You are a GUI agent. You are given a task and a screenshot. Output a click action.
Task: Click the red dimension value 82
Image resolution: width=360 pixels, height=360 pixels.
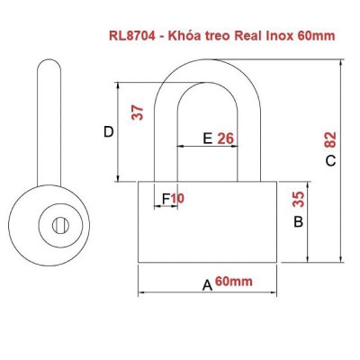pos(330,139)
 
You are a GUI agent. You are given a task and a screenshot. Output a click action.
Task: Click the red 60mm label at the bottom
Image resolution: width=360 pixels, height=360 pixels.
pos(233,282)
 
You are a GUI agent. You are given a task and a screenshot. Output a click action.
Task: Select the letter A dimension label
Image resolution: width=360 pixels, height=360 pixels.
pos(206,285)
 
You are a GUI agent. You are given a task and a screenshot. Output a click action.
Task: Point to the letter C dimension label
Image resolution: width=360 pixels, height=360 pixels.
pos(330,161)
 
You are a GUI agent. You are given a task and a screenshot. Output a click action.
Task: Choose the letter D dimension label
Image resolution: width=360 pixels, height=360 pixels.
pos(108,132)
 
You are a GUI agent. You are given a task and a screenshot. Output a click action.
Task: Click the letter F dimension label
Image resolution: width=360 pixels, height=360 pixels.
pos(166,197)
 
